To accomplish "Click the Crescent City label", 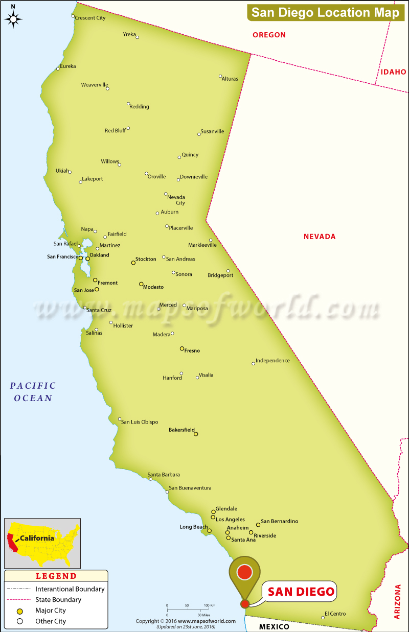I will (90, 18).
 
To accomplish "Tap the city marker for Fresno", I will (182, 348).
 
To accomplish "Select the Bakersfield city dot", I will (196, 434).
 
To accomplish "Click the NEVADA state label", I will (320, 237).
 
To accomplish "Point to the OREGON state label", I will (269, 35).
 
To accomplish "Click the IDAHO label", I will (393, 72).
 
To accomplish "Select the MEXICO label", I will (274, 626).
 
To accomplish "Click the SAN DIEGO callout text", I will (301, 592).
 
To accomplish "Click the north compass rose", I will (13, 19).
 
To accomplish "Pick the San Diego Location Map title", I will (325, 13).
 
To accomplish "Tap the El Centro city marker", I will (323, 618).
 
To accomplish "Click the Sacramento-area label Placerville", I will (181, 228).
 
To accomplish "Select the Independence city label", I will (272, 361).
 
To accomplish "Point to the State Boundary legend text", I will (58, 600).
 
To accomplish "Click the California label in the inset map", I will (37, 538).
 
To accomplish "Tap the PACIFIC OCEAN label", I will (33, 392).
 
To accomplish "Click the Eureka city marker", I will (58, 68).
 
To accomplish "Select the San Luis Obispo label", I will (140, 422).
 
